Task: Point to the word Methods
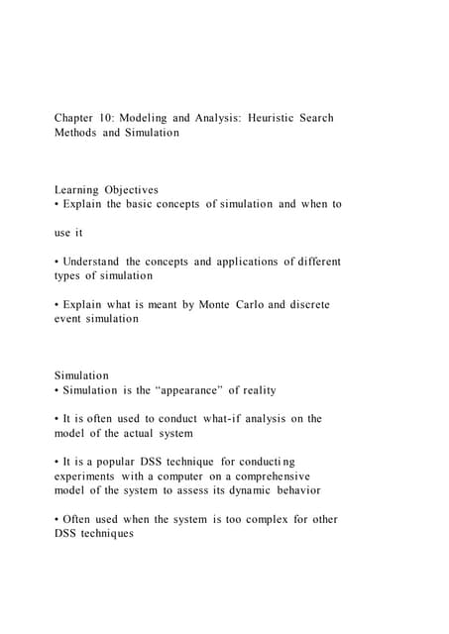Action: point(76,133)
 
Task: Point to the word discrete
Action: point(306,305)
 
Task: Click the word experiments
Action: point(87,476)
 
